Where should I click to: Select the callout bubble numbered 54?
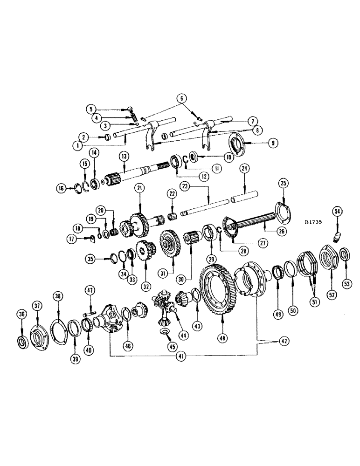(x=337, y=212)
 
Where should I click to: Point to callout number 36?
(x=21, y=314)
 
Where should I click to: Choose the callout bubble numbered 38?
(x=58, y=295)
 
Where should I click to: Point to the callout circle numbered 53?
(x=346, y=283)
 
